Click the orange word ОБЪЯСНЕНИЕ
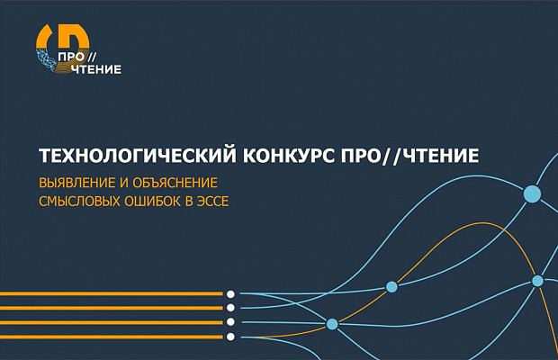tap(176, 183)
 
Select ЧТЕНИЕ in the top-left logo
tap(95, 68)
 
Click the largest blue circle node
tap(532, 193)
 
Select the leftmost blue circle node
tap(332, 323)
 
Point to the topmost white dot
tap(231, 293)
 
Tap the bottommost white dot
tap(231, 337)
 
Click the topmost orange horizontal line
tap(108, 293)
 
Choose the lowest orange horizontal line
tap(108, 337)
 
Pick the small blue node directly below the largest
tap(537, 281)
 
